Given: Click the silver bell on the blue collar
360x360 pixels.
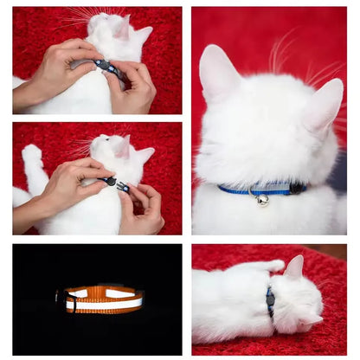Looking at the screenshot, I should pyautogui.click(x=262, y=200).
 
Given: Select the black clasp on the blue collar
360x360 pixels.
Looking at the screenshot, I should pyautogui.click(x=297, y=187).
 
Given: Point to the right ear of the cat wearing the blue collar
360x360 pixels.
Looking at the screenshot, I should pyautogui.click(x=325, y=103).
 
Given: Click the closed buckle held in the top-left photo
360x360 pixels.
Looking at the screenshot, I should pyautogui.click(x=108, y=67).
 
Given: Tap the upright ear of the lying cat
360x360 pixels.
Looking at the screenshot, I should pyautogui.click(x=295, y=267).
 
